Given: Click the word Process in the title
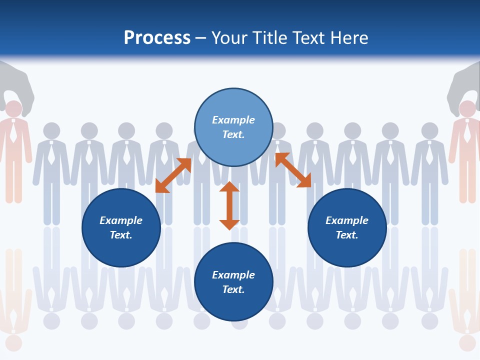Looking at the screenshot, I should (157, 38).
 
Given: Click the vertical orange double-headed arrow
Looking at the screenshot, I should (229, 205).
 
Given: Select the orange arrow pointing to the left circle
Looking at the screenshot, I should (173, 175).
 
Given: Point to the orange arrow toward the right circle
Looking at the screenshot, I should (293, 170).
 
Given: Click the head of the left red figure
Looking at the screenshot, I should (13, 109).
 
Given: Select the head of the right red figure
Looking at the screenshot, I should (467, 109).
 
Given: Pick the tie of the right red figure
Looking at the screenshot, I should (467, 132).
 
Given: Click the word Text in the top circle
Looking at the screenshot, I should (233, 134).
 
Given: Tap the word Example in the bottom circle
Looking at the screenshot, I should (233, 274).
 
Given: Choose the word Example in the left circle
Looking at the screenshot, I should (121, 220).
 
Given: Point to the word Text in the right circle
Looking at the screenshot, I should (347, 235).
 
